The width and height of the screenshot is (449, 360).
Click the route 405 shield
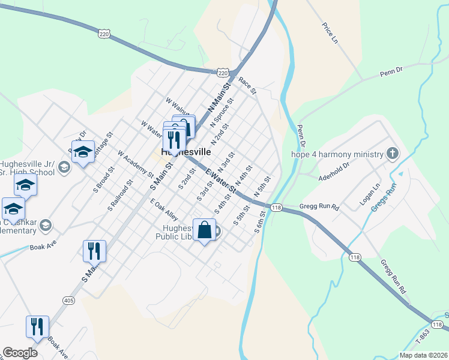point(68,300)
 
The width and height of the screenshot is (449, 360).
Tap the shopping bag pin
point(204,230)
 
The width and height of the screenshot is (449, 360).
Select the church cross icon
point(393,154)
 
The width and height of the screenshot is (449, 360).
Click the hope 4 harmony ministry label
point(337,154)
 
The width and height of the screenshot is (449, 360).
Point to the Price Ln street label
point(330,32)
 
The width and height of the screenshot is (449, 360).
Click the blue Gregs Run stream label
point(384,198)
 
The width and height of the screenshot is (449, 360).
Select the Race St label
point(247,85)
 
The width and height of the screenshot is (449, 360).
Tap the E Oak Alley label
point(164,209)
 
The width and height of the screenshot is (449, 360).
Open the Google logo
point(20,353)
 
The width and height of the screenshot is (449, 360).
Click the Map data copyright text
point(423,355)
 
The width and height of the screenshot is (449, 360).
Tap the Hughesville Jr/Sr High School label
point(27,168)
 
